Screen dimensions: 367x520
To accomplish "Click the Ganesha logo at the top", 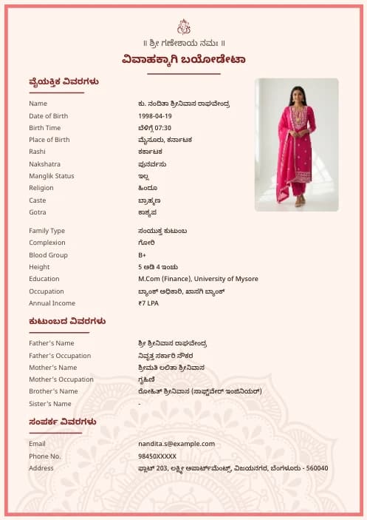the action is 184,27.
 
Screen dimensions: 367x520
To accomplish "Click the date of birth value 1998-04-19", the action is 155,116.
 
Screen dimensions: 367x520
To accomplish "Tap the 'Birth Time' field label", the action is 45,128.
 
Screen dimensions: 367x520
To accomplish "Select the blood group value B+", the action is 142,255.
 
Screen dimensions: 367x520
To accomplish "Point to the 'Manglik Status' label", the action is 52,176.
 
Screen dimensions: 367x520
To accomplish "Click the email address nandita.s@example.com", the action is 176,444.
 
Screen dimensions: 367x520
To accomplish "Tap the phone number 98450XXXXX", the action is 157,456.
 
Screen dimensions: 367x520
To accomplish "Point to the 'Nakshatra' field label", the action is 44,164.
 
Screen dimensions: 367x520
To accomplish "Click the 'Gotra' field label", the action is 38,212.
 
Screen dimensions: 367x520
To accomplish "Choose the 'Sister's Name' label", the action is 50,404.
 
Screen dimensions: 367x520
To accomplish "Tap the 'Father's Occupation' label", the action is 60,356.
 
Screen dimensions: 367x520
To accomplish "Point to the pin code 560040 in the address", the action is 318,469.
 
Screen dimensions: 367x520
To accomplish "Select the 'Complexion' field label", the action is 47,243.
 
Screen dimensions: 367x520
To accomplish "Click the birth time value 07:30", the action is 162,128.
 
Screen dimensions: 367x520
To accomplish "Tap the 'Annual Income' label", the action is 52,303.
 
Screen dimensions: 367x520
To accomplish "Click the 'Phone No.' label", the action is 45,456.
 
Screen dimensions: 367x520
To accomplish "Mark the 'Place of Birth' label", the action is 49,140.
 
